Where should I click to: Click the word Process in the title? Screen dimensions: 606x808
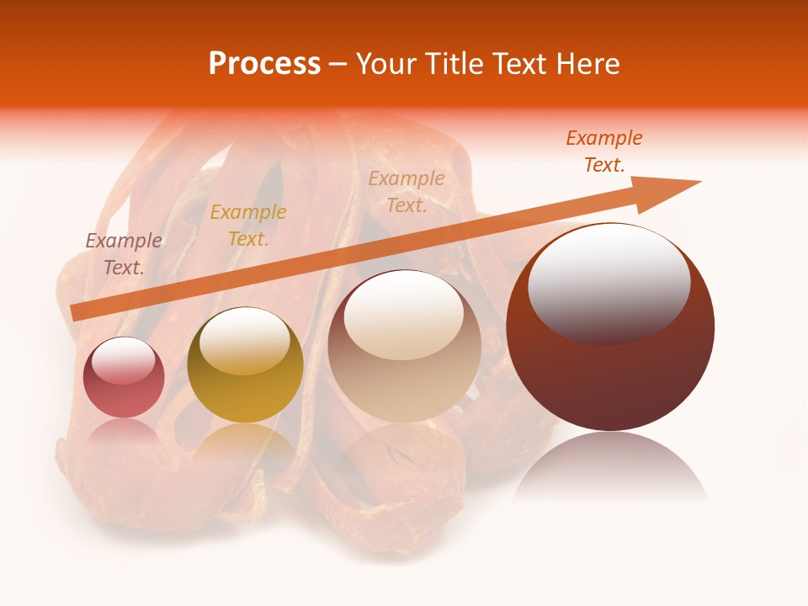264,64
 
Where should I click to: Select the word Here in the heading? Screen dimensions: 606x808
587,64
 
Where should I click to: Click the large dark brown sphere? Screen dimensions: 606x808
610,370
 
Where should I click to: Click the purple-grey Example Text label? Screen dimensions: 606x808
124,254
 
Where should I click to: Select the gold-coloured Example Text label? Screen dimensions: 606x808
248,226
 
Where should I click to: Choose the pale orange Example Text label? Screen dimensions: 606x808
407,192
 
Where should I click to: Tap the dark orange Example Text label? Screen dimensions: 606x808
604,151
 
